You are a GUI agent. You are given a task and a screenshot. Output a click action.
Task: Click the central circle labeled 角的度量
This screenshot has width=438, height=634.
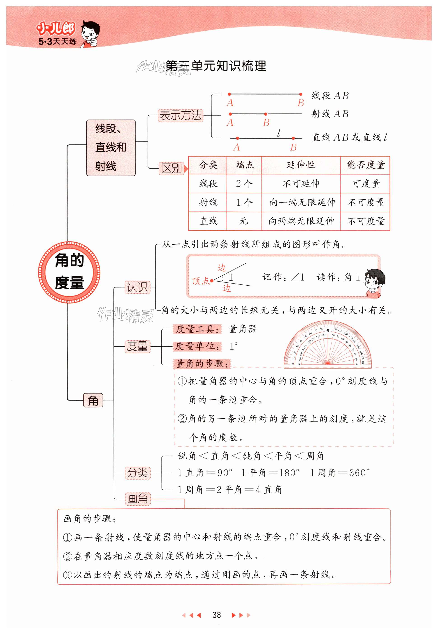click(x=69, y=272)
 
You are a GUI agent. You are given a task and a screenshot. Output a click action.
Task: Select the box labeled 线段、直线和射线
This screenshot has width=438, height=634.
click(x=111, y=148)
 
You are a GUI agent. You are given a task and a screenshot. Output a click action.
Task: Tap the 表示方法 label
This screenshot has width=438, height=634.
click(x=180, y=115)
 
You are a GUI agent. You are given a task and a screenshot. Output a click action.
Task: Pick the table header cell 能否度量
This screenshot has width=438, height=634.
click(x=365, y=165)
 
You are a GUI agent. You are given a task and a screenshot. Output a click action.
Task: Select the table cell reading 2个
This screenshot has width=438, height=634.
click(x=244, y=183)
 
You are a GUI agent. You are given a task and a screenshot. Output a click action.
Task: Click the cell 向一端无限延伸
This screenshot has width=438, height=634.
click(x=301, y=202)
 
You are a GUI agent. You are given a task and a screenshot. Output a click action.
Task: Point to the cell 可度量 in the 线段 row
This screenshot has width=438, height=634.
click(x=365, y=183)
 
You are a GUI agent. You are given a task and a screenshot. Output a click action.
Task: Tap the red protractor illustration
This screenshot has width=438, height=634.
click(x=327, y=345)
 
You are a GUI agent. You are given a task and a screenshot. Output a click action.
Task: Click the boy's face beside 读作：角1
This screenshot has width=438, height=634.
click(x=373, y=282)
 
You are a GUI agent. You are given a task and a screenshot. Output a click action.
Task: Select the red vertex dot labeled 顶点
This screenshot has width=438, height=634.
click(x=212, y=281)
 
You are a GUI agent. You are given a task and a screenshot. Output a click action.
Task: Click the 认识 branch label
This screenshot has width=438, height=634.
click(x=137, y=287)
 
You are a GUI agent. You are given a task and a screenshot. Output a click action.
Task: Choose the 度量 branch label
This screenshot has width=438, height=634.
click(x=137, y=346)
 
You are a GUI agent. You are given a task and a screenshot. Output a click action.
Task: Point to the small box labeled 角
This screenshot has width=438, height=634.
click(x=93, y=400)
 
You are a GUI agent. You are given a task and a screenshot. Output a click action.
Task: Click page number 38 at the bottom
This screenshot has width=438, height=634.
click(x=217, y=615)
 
